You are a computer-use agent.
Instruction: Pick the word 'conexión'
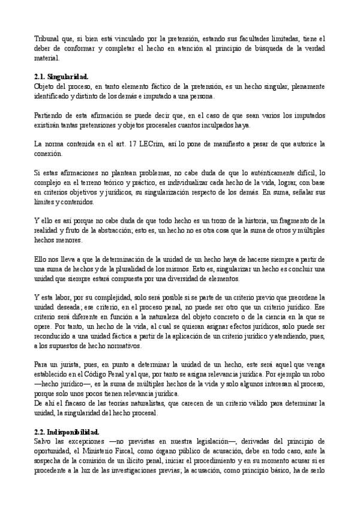coord(47,155)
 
